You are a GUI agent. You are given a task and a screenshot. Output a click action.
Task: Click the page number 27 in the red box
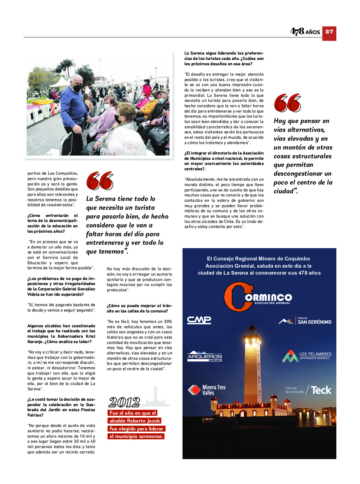(x=329, y=32)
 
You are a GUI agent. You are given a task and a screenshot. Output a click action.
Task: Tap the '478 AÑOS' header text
(x=305, y=32)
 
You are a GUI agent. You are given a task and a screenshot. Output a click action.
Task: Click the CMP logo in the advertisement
(x=199, y=320)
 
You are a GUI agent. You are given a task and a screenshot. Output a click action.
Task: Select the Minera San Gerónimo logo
(x=305, y=321)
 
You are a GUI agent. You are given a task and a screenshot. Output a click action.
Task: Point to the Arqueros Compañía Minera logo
(x=205, y=356)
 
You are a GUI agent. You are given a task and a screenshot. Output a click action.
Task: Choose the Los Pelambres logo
(x=307, y=356)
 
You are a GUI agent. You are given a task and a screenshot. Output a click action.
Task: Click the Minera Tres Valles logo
(x=207, y=390)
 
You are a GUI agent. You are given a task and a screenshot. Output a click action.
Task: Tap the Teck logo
(x=321, y=390)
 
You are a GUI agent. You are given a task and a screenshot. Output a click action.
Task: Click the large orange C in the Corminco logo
(x=235, y=297)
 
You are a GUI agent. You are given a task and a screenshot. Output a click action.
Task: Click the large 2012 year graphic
(x=124, y=402)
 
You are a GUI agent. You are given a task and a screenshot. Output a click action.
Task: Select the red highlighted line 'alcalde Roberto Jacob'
(x=135, y=421)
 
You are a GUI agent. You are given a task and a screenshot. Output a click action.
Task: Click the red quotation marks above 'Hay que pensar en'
(x=287, y=103)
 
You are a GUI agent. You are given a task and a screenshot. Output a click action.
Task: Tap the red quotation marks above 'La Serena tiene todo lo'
(x=100, y=181)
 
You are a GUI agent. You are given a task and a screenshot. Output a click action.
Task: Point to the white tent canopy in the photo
(x=60, y=83)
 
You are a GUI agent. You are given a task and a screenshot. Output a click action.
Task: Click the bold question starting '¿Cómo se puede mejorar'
(x=139, y=308)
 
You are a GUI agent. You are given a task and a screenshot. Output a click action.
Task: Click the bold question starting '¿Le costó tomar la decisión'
(x=61, y=407)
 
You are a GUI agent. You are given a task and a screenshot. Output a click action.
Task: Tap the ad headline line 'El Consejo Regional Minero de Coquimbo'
(x=258, y=259)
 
